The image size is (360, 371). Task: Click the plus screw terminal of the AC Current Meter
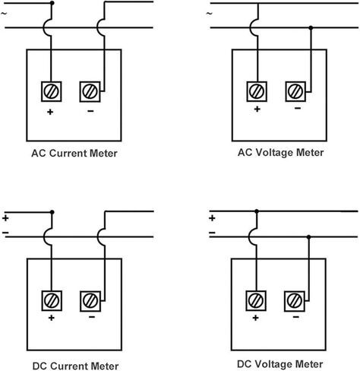tap(51, 91)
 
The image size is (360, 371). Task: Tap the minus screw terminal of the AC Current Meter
tap(90, 92)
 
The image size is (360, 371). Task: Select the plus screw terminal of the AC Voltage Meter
tap(257, 91)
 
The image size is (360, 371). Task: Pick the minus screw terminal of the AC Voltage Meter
tap(295, 91)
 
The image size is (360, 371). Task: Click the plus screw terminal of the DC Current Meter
tap(52, 301)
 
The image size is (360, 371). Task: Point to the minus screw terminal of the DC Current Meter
tap(90, 301)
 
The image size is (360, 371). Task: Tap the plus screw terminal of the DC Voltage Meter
tap(256, 301)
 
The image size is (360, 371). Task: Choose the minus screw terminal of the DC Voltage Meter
tap(295, 301)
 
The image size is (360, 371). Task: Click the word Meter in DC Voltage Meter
tap(309, 364)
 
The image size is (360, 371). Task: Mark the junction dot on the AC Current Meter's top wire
tap(52, 3)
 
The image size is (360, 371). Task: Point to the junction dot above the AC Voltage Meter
tap(311, 27)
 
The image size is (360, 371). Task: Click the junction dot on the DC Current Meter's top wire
tap(52, 212)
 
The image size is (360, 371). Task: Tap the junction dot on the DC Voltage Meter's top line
tap(257, 211)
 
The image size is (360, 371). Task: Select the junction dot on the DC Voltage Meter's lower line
tap(308, 237)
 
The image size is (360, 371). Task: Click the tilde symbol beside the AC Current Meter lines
tap(4, 13)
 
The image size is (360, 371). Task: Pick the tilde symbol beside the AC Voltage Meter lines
tap(210, 13)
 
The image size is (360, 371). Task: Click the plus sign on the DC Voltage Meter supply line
tap(212, 218)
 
